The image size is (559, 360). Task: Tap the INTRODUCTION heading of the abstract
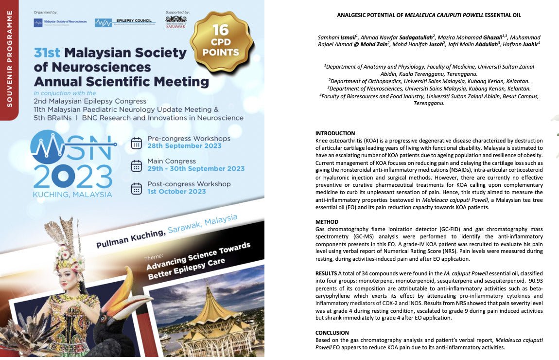tap(335, 133)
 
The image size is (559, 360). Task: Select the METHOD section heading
tap(327, 222)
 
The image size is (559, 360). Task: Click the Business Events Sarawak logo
tap(176, 22)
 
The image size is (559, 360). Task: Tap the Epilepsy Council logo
tap(125, 22)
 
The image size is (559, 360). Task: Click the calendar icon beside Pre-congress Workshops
tap(137, 143)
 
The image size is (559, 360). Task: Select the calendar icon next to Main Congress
tap(137, 165)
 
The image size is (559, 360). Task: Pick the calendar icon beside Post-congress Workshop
tap(137, 188)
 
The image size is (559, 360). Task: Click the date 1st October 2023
tap(176, 192)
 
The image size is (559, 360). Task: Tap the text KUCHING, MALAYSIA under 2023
tap(72, 194)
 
